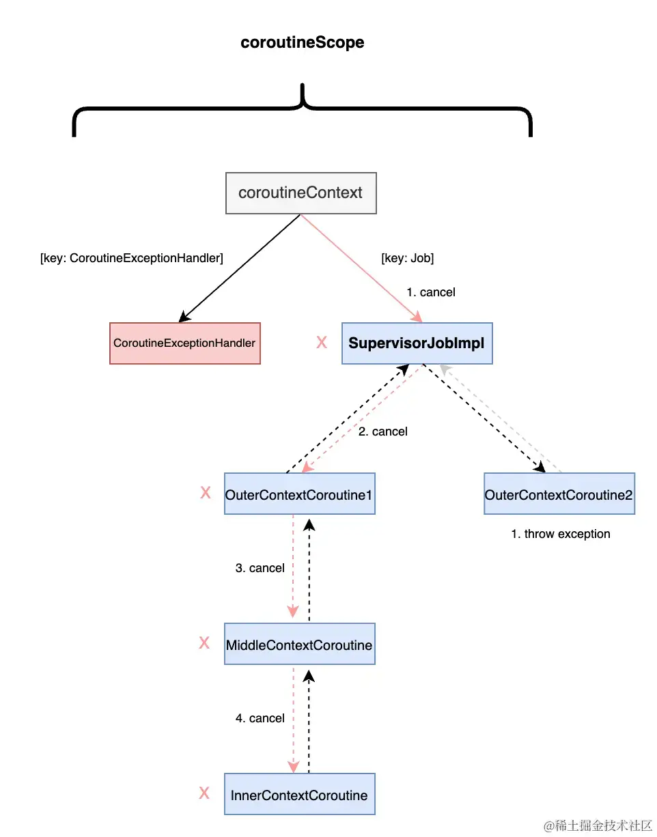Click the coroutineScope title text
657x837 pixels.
[x=303, y=42]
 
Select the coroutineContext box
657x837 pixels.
[x=300, y=193]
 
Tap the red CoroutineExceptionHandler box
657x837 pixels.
[x=184, y=343]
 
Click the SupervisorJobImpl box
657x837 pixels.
[x=417, y=343]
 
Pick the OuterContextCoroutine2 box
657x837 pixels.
[x=559, y=494]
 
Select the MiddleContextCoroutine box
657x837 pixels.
[x=300, y=644]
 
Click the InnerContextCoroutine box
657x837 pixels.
[x=300, y=795]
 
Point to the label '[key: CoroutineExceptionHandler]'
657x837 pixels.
[x=132, y=259]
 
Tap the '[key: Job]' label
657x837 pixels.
[x=407, y=259]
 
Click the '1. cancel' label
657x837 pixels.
[x=430, y=292]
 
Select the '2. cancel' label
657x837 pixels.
[x=382, y=431]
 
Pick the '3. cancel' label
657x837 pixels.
[x=260, y=568]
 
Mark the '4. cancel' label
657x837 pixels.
[x=260, y=718]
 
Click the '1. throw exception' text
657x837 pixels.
[x=560, y=534]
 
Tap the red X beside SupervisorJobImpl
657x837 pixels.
[x=322, y=343]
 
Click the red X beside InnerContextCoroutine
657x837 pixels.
[x=204, y=793]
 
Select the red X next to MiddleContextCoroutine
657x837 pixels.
[x=204, y=643]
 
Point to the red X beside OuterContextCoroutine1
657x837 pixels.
[x=205, y=493]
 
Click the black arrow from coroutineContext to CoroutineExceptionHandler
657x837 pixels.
[x=239, y=268]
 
